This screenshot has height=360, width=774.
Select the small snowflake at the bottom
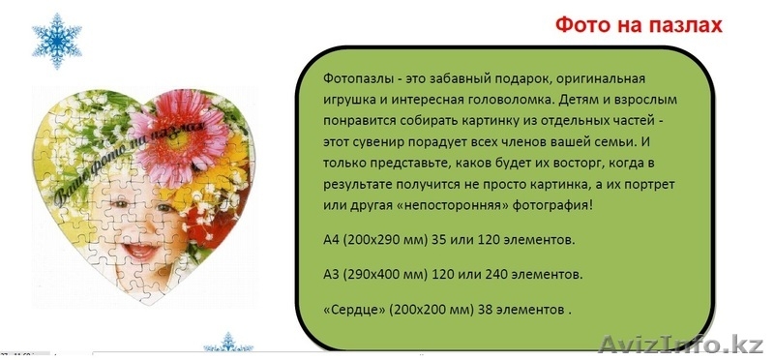point(228,345)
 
